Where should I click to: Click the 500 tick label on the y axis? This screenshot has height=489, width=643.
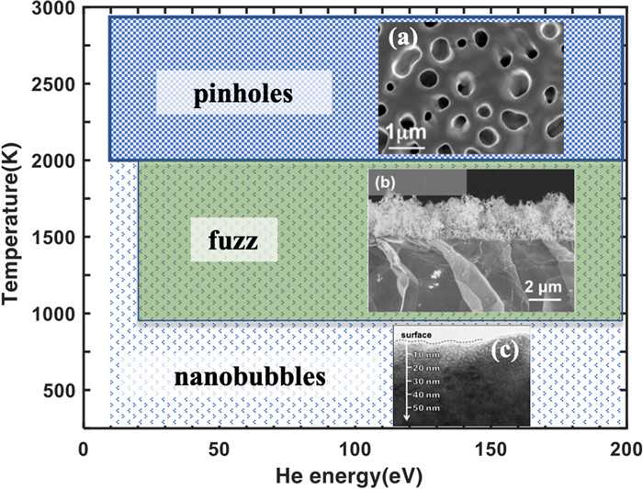[x=58, y=391]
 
